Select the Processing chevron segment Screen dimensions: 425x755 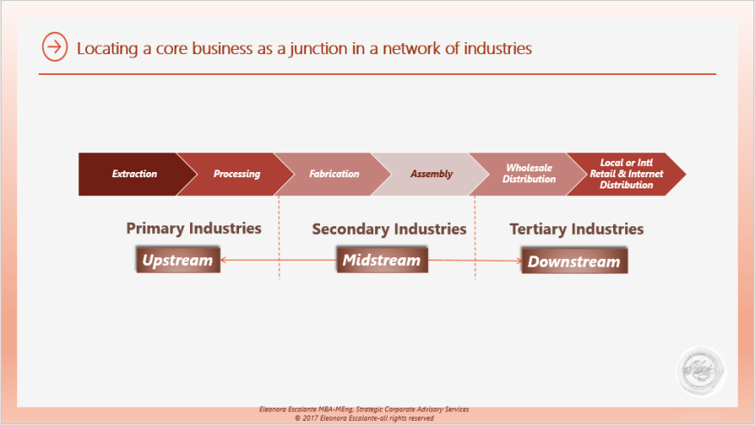pyautogui.click(x=234, y=174)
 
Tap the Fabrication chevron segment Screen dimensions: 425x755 pyautogui.click(x=333, y=174)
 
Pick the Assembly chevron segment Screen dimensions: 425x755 pyautogui.click(x=430, y=174)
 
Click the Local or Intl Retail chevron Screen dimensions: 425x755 pyautogui.click(x=626, y=174)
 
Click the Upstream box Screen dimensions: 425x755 pyautogui.click(x=177, y=260)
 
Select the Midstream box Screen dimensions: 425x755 pyautogui.click(x=382, y=260)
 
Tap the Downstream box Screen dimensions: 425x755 pyautogui.click(x=574, y=261)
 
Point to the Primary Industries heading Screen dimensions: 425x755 pyautogui.click(x=193, y=228)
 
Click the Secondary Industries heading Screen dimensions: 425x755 pyautogui.click(x=389, y=229)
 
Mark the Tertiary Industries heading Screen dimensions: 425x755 pyautogui.click(x=576, y=229)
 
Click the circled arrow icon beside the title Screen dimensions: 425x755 pyautogui.click(x=54, y=47)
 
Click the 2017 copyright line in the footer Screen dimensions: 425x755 pyautogui.click(x=364, y=418)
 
